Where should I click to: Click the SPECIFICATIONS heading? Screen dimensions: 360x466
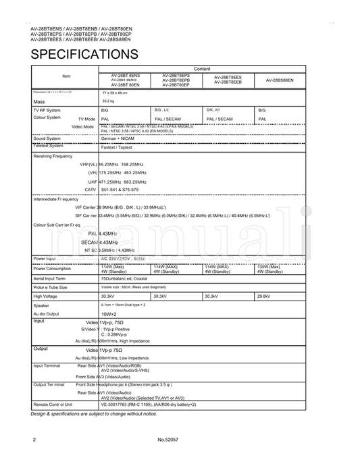click(x=84, y=54)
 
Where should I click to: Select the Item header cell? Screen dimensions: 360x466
click(x=66, y=76)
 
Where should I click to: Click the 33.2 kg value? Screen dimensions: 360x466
click(x=108, y=101)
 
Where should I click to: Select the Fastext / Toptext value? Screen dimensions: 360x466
click(x=117, y=146)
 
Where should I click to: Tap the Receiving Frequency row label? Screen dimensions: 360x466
click(x=53, y=156)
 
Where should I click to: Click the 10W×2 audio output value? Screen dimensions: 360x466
click(x=109, y=314)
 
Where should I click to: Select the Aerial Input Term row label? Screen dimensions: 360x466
click(x=49, y=278)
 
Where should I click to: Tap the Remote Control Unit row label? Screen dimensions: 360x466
click(x=53, y=404)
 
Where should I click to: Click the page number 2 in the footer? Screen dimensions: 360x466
click(x=34, y=440)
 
